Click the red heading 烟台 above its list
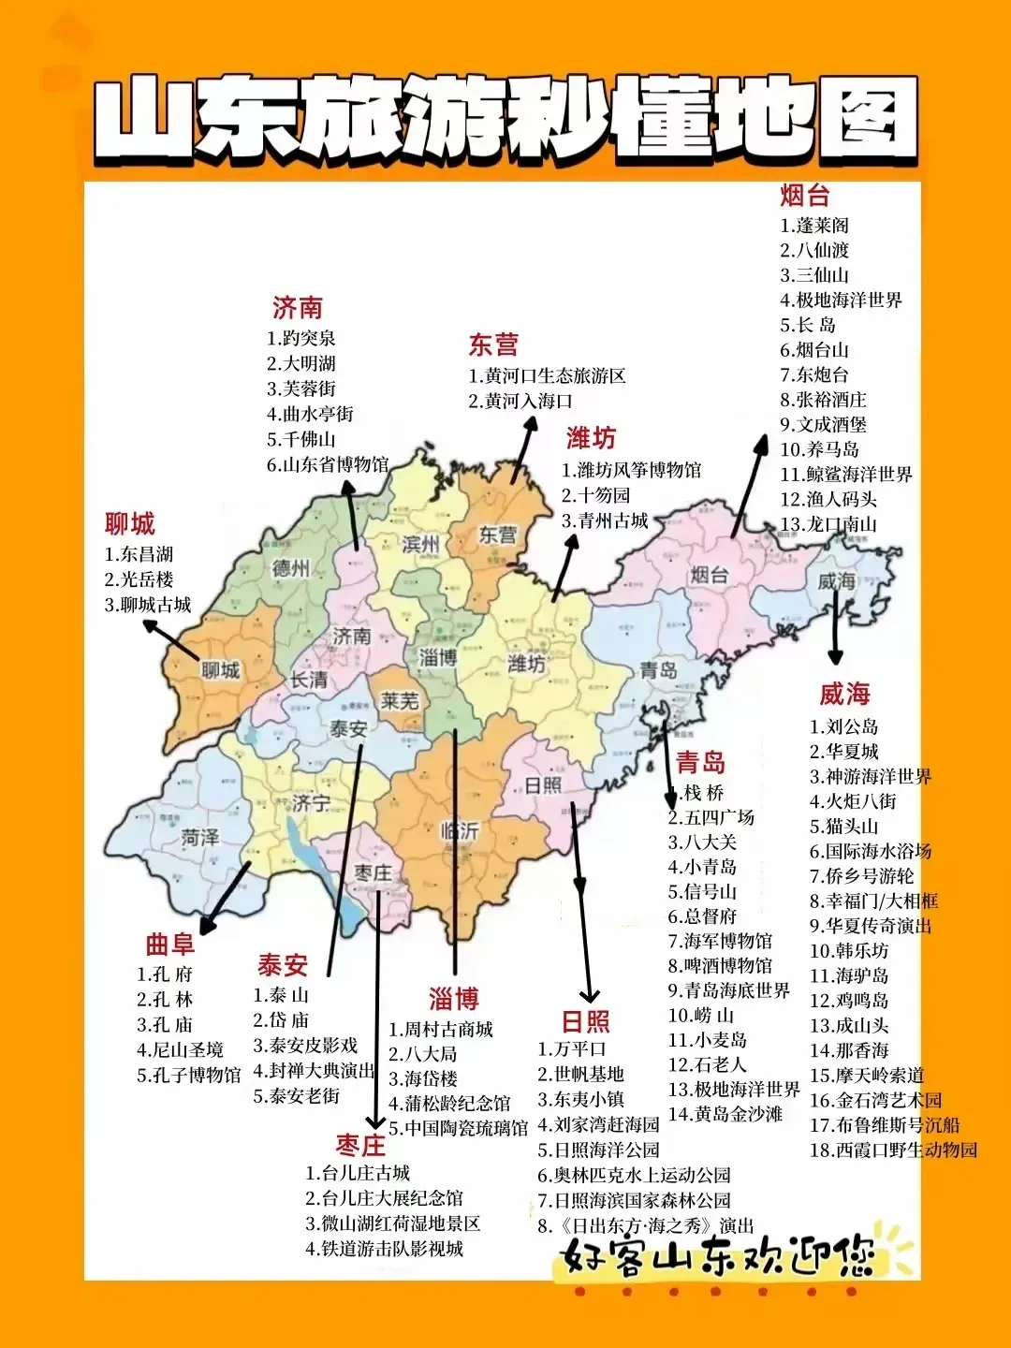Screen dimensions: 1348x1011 point(805,195)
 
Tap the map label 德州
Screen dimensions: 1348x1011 point(291,568)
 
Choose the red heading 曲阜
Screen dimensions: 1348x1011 point(169,945)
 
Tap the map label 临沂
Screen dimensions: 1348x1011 point(460,830)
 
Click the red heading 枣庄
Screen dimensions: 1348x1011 point(360,1146)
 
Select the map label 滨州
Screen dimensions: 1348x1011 point(420,544)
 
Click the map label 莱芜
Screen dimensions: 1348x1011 point(401,700)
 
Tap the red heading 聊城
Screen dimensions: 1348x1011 point(130,523)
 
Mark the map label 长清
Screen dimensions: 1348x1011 point(309,680)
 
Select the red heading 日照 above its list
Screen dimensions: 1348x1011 point(586,1021)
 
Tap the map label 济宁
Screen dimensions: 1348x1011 point(311,802)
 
